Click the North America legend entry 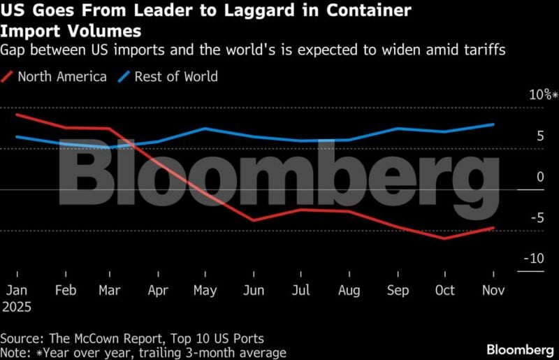[61, 77]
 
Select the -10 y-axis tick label [533, 259]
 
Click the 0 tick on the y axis [540, 177]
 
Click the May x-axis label [205, 290]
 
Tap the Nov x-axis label [493, 290]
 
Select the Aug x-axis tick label [349, 290]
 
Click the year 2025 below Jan [18, 306]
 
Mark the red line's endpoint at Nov [493, 228]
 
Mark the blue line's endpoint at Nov [493, 124]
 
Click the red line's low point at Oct [444, 238]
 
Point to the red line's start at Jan [16, 114]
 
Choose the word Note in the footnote [15, 353]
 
